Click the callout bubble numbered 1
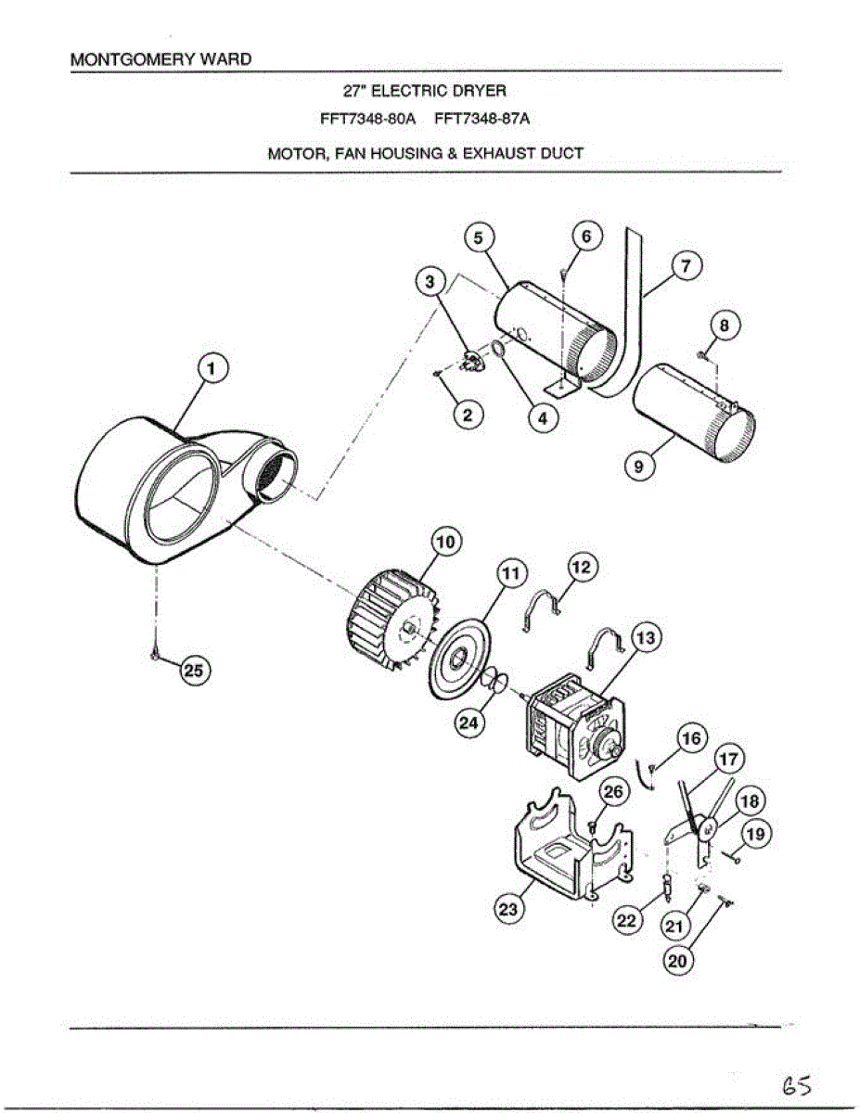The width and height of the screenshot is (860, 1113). point(213,369)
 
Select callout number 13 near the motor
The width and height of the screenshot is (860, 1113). point(644,638)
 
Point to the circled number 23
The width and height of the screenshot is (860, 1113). point(507,909)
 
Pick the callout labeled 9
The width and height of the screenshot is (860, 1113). point(638,467)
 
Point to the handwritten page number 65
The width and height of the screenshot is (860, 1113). point(797,1084)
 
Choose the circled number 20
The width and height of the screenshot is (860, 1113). point(678,962)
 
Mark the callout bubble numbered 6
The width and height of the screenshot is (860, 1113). point(586,237)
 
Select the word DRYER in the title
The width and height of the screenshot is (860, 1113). point(481,91)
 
